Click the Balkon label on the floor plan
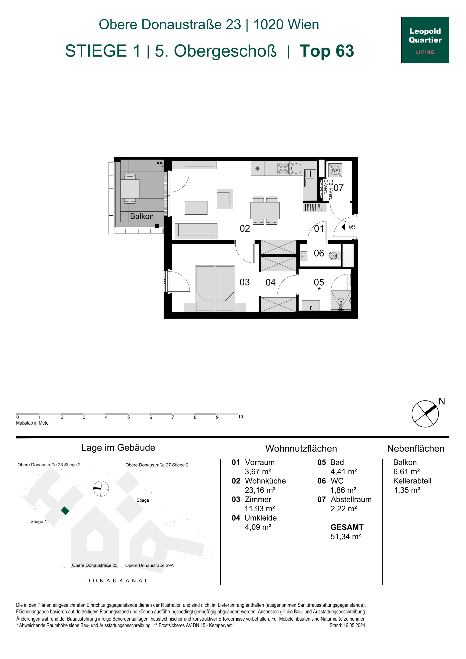point(142,216)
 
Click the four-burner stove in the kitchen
point(283,169)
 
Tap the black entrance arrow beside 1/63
point(343,227)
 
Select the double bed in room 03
point(215,288)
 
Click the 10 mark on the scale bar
point(240,417)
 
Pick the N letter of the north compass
point(442,401)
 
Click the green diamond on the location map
point(65,511)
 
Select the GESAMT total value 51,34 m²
point(346,536)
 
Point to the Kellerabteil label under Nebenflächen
point(412,481)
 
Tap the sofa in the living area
point(196,231)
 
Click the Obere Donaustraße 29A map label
point(149,565)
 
